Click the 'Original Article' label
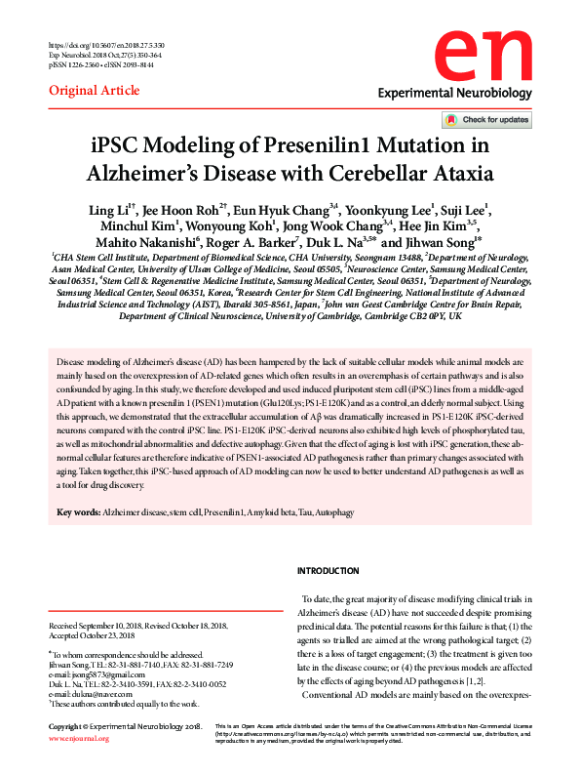point(87,91)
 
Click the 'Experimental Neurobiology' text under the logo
point(455,94)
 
